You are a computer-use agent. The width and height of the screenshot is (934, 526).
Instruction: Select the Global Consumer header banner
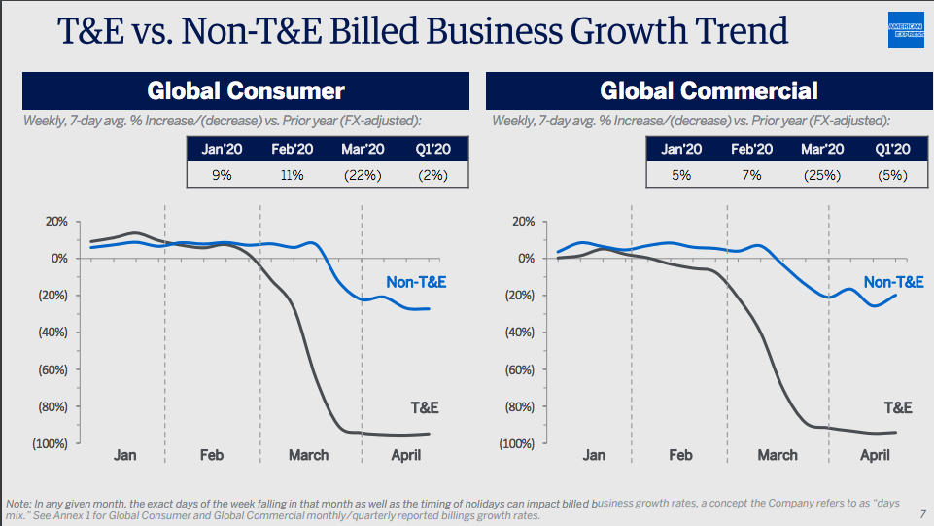coord(246,91)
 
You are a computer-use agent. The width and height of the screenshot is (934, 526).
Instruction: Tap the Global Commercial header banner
coord(709,91)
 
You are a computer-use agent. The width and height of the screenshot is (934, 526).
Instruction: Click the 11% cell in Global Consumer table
coord(291,175)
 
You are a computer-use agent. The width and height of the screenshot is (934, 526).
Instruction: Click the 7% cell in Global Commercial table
coord(751,175)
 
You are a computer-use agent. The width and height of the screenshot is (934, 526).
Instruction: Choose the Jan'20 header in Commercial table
coord(681,149)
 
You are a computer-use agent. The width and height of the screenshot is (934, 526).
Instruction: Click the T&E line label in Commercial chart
coord(897,407)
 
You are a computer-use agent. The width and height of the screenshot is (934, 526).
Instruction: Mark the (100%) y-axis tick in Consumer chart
coord(50,443)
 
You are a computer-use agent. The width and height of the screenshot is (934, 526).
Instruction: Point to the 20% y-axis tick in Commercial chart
coord(522,222)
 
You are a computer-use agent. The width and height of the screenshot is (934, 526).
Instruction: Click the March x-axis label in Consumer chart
coord(309,455)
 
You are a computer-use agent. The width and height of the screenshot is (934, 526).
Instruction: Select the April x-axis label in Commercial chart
coord(875,455)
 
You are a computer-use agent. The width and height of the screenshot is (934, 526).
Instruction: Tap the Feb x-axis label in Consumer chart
coord(212,455)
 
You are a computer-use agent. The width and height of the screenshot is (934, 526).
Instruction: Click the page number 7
coord(921,515)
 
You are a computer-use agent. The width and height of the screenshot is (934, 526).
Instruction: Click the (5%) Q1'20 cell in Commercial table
coord(891,175)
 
